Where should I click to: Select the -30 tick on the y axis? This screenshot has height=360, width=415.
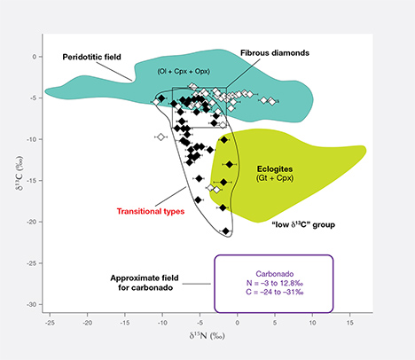33,304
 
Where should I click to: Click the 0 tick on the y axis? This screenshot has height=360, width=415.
36,57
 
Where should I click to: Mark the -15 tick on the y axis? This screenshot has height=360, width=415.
33,181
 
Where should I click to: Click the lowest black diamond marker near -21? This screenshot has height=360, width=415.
226,231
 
